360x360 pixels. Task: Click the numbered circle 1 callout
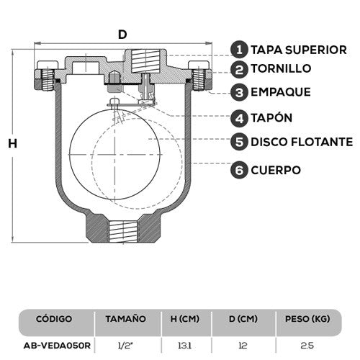click(x=240, y=49)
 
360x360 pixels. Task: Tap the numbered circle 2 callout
click(x=240, y=69)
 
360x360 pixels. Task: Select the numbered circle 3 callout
click(x=240, y=92)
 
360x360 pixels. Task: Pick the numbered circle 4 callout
click(x=240, y=117)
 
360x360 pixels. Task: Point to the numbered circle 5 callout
click(x=240, y=141)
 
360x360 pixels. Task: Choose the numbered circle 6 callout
click(x=240, y=170)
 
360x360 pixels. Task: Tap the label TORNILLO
click(x=281, y=69)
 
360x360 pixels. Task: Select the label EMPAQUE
click(x=280, y=92)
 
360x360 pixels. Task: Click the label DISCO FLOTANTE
click(x=301, y=141)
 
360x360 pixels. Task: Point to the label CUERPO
click(x=275, y=170)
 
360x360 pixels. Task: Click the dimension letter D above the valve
click(x=122, y=34)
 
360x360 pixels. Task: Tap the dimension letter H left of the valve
click(x=12, y=143)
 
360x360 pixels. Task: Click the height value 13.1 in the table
click(x=186, y=345)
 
